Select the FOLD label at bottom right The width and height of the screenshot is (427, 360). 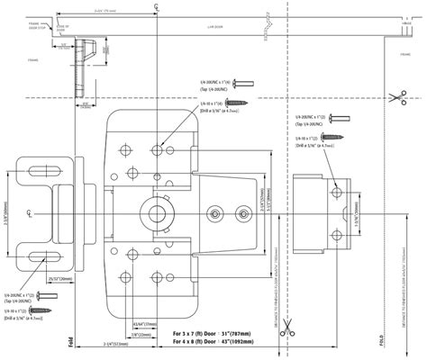point(381,343)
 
